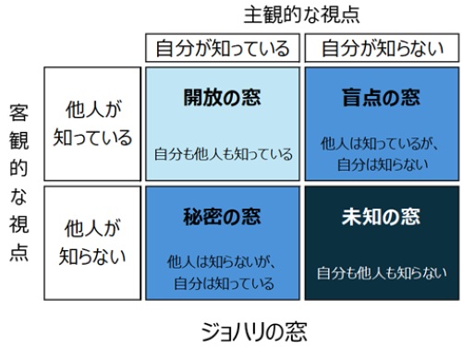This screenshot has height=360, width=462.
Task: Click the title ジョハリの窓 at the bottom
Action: [x=253, y=331]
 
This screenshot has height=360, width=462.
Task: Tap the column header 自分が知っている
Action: [x=222, y=47]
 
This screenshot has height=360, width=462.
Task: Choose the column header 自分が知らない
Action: [x=380, y=47]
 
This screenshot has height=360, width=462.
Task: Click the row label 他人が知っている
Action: [x=94, y=124]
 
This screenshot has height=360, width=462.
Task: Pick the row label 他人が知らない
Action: [x=94, y=241]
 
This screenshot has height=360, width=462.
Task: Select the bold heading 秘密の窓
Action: [x=222, y=218]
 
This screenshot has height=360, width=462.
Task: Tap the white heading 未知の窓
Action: [x=380, y=218]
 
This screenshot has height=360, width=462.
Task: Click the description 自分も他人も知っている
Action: [x=223, y=154]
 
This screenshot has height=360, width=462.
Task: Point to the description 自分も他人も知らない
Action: [x=380, y=272]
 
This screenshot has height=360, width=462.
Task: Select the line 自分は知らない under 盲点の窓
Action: [x=380, y=163]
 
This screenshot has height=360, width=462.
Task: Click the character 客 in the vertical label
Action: [x=18, y=114]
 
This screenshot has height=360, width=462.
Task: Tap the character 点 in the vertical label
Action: [x=18, y=253]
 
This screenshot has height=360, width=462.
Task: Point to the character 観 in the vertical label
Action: [x=18, y=141]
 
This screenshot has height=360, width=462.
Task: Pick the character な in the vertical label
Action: [x=18, y=198]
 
